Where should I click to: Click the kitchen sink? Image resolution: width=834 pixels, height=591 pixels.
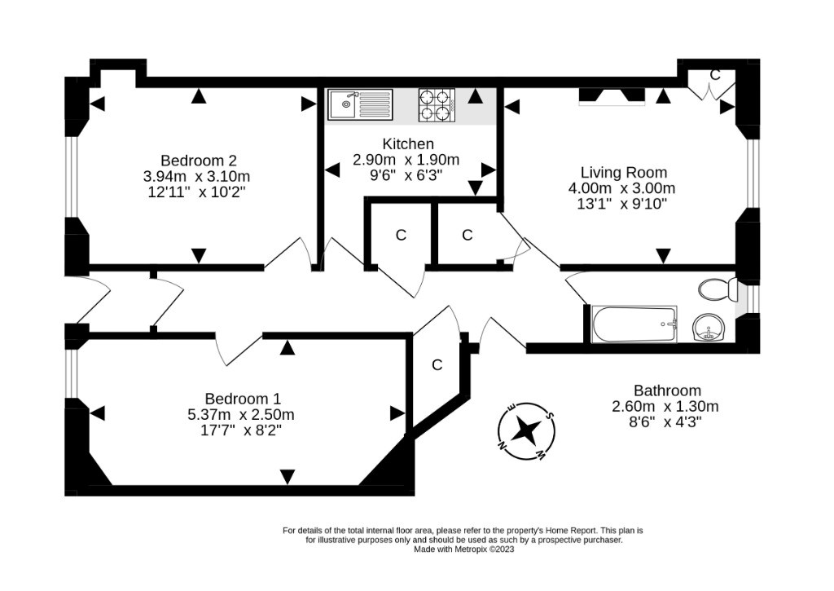pyautogui.click(x=360, y=104)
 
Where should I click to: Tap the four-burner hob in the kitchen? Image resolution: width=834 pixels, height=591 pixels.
pyautogui.click(x=437, y=104)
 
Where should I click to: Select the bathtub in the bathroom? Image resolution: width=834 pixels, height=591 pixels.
pyautogui.click(x=634, y=324)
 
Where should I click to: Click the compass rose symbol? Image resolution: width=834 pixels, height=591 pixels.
pyautogui.click(x=527, y=430)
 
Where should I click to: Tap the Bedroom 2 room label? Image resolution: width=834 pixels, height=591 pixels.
pyautogui.click(x=199, y=161)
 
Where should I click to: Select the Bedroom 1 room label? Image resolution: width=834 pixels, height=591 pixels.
pyautogui.click(x=243, y=399)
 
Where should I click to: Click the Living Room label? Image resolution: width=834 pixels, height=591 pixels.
pyautogui.click(x=623, y=172)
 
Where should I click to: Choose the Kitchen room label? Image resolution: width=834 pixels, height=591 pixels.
pyautogui.click(x=408, y=143)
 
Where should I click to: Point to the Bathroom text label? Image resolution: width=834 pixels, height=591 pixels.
pyautogui.click(x=667, y=390)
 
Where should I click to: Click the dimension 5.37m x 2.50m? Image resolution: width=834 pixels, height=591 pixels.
pyautogui.click(x=241, y=414)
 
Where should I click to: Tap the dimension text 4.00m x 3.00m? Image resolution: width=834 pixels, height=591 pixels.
pyautogui.click(x=621, y=188)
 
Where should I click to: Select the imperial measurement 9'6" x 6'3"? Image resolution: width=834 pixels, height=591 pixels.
pyautogui.click(x=406, y=175)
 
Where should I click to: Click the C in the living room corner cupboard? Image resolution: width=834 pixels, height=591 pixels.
pyautogui.click(x=715, y=75)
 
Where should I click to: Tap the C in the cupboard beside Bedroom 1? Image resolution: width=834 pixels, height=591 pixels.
pyautogui.click(x=437, y=364)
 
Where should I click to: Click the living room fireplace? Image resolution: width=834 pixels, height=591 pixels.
pyautogui.click(x=612, y=96)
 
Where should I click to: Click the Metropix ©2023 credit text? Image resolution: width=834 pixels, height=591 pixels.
pyautogui.click(x=484, y=549)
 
